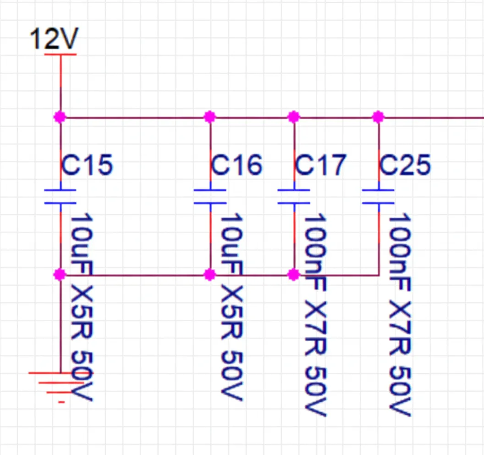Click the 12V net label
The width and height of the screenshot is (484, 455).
54,39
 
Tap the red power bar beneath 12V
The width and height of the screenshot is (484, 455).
60,55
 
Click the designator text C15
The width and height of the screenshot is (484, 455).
87,165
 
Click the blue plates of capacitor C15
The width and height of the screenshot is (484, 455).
60,197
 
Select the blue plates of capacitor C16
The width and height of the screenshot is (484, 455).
210,197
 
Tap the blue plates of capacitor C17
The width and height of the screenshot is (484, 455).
294,197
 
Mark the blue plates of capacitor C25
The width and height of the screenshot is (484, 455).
378,197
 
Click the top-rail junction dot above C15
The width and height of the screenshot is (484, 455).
60,117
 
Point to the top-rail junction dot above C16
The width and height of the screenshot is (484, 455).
209,117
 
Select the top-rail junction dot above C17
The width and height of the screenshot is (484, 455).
294,117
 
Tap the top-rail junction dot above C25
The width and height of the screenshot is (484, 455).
378,117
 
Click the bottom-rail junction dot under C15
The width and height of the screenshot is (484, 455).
60,275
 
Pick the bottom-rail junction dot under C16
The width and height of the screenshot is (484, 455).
209,275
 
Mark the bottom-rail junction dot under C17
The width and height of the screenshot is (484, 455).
294,275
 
